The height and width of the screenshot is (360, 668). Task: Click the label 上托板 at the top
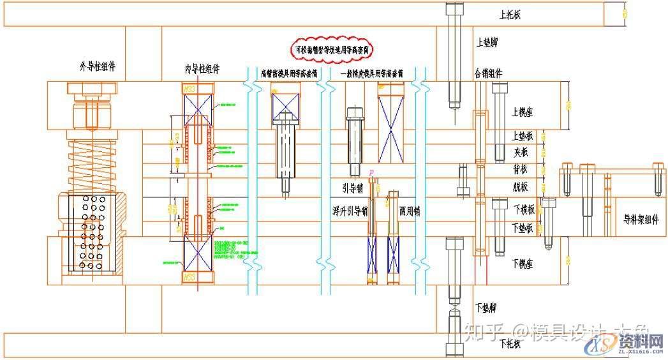click(x=510, y=14)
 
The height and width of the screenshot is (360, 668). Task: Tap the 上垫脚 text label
click(x=488, y=43)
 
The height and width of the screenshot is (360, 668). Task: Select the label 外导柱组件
click(x=98, y=66)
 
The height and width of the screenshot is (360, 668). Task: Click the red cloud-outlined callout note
click(x=332, y=49)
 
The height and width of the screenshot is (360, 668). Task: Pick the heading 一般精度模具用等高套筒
click(x=372, y=73)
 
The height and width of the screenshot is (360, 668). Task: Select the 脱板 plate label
click(x=520, y=187)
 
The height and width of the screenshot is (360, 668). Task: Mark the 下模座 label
click(x=521, y=262)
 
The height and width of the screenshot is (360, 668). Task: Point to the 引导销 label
click(x=352, y=188)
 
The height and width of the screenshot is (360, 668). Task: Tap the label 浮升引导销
click(x=350, y=210)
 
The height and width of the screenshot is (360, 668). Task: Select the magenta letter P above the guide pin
click(x=371, y=173)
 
